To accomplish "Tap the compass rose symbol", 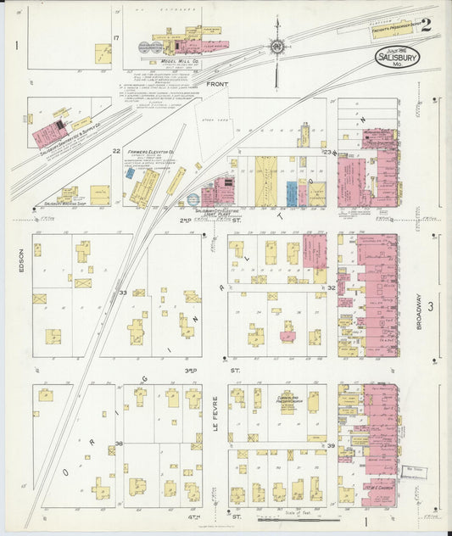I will coord(277,47).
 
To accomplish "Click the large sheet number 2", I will coord(425,25).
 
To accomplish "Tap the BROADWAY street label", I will coord(418,311).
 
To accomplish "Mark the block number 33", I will coord(122,293).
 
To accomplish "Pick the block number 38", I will coord(120,444).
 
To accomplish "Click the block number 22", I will coord(116,151).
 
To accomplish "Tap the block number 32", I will coord(332,288).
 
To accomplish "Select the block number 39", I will coord(332,445).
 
